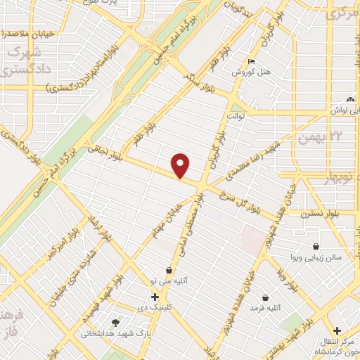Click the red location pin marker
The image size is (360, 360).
pos(181,165)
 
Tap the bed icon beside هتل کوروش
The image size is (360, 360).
pos(252,63)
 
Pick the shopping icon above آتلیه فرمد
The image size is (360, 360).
pos(265,297)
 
